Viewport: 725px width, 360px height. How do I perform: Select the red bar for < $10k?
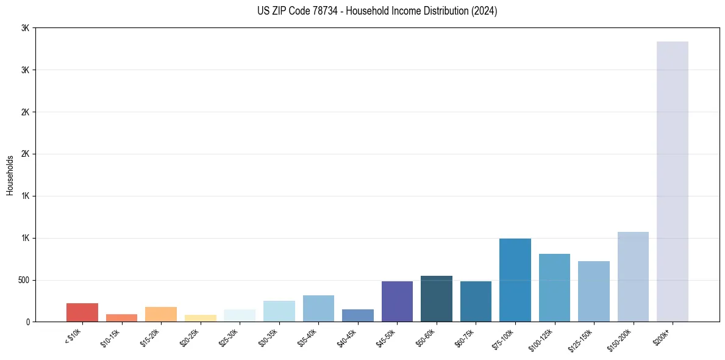point(82,312)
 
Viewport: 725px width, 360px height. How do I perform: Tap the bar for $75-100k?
point(515,280)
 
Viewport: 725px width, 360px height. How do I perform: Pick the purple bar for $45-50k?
point(397,301)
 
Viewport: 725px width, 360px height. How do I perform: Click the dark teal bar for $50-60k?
point(437,299)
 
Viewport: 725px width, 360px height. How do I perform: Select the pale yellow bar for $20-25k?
point(201,318)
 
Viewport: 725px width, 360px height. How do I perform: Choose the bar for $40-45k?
point(358,315)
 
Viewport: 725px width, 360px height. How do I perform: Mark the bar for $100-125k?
point(554,287)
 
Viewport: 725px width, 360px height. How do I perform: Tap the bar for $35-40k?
point(318,308)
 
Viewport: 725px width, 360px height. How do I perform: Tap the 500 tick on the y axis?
point(24,280)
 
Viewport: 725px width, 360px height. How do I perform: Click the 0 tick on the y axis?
point(27,322)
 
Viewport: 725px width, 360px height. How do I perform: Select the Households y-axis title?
point(10,175)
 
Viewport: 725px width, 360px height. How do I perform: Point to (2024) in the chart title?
point(484,11)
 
